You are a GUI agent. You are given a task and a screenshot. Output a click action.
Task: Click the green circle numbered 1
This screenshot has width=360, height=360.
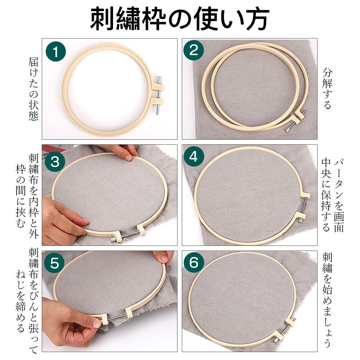tap(55, 51)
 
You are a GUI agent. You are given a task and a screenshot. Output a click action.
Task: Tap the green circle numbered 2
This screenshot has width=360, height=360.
tap(194, 50)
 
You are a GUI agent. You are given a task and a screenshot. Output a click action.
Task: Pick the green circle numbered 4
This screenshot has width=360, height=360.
tap(194, 157)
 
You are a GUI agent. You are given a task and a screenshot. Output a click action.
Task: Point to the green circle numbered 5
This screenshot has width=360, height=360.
tap(54, 263)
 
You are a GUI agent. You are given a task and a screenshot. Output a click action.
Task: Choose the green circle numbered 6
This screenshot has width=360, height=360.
tap(194, 262)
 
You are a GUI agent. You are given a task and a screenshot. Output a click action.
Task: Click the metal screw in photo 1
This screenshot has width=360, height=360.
tap(159, 95)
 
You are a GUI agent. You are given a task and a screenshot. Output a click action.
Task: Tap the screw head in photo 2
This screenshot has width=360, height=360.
tap(287, 130)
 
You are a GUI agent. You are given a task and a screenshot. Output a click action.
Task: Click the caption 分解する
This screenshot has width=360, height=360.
tap(327, 89)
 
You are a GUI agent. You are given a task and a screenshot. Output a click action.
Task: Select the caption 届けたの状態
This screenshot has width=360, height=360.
tap(33, 89)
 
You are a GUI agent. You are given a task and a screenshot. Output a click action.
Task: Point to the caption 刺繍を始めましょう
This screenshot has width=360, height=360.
tap(327, 300)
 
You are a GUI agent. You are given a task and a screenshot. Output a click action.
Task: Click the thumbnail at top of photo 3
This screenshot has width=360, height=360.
tap(128, 158)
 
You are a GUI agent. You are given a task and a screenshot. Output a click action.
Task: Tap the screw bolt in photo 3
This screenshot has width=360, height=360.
tap(126, 236)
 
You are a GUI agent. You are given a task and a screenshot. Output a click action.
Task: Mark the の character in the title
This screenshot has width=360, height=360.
tap(181, 19)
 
